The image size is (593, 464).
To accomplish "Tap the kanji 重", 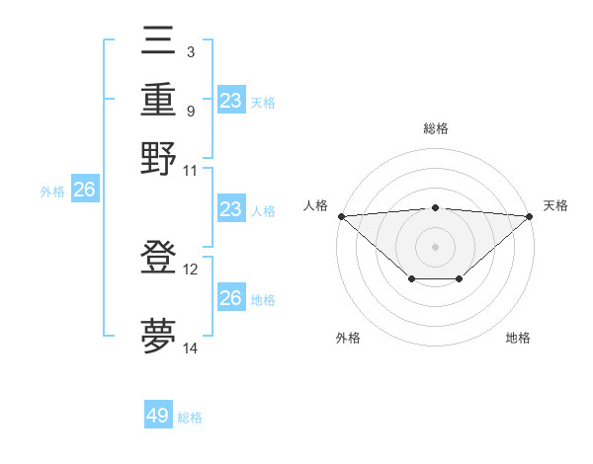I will (x=158, y=100).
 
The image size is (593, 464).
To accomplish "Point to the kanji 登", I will (x=158, y=258).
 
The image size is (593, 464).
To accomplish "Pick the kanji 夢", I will (x=158, y=336).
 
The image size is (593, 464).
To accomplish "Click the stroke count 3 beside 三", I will (x=190, y=51).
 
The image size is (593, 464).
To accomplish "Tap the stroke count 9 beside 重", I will (x=190, y=110).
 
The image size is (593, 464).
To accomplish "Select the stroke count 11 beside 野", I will (x=191, y=170).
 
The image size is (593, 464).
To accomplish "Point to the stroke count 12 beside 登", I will (x=191, y=269).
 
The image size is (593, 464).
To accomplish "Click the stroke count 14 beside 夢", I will (x=191, y=348).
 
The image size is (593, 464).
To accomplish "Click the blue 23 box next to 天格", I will (x=230, y=101).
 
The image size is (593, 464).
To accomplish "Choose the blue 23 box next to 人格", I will (x=230, y=210).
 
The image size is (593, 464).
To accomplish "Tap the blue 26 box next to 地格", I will (x=230, y=298).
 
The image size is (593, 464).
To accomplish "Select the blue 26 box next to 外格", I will (x=84, y=191).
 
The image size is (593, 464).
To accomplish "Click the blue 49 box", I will (x=158, y=416).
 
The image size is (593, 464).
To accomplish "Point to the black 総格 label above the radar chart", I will (x=435, y=129).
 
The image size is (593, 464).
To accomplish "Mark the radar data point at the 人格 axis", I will (x=341, y=215).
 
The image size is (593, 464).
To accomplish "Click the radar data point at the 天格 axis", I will (x=530, y=215).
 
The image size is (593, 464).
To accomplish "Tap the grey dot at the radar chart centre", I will (x=435, y=246).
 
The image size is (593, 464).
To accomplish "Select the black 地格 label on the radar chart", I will (x=518, y=338).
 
